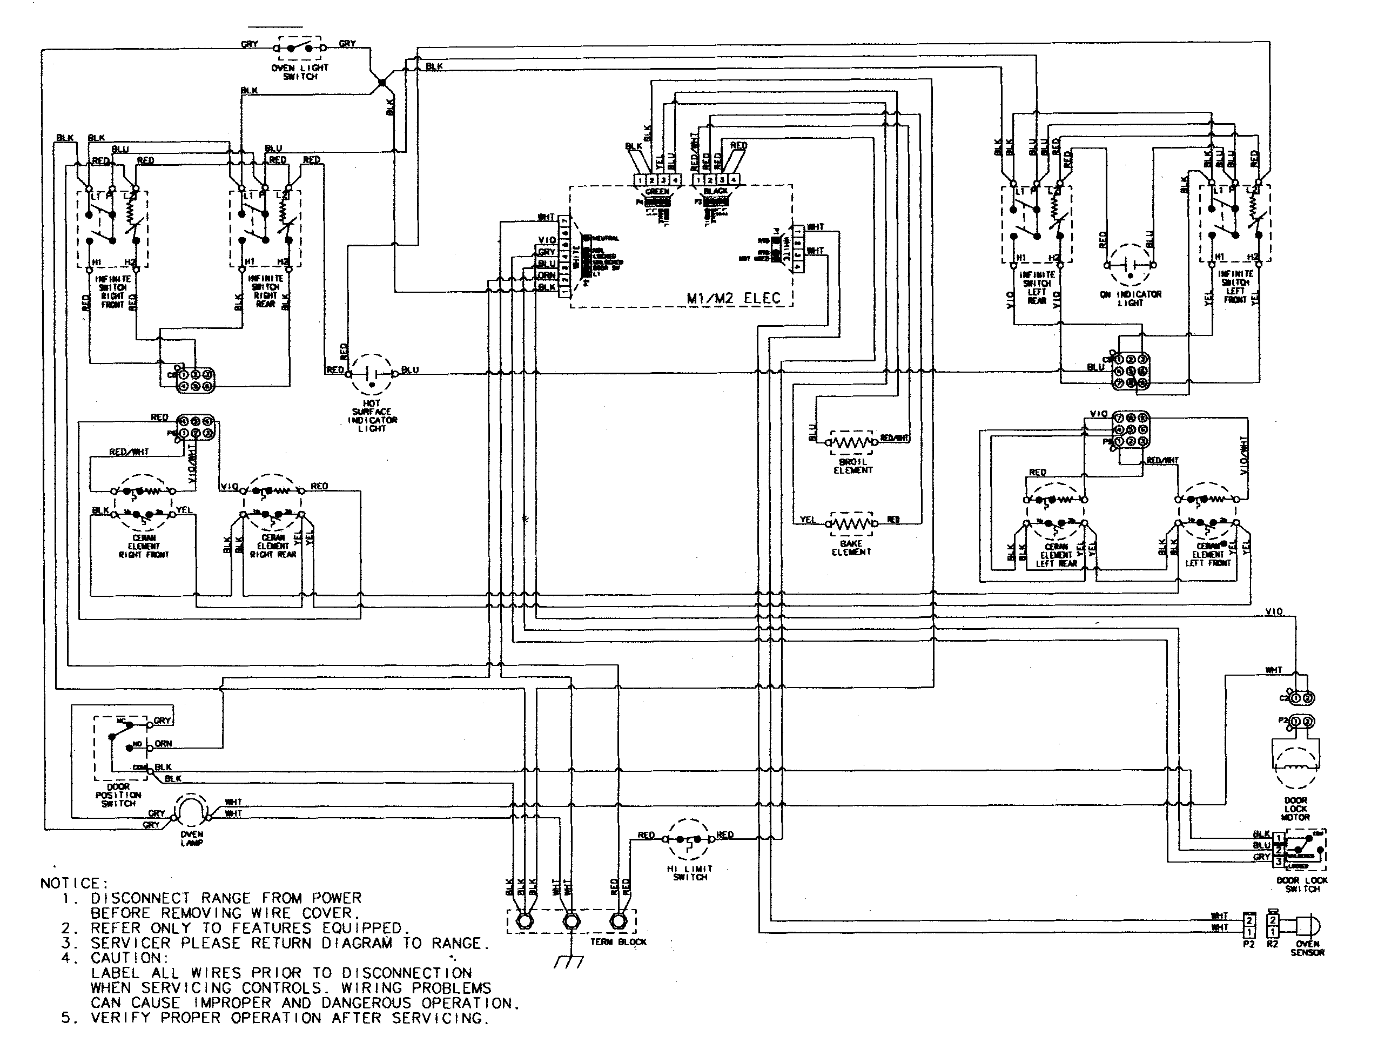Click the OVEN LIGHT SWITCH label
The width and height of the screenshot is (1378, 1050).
click(x=300, y=72)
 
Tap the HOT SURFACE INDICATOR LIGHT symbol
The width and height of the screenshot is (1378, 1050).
click(x=371, y=374)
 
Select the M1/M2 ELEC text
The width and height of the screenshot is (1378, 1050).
click(x=734, y=298)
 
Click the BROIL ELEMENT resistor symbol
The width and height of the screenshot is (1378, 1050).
click(x=852, y=442)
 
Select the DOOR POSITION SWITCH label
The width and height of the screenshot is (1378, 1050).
click(x=118, y=795)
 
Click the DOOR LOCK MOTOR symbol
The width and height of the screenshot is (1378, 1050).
click(x=1295, y=766)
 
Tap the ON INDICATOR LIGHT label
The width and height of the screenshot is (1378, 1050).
click(x=1131, y=298)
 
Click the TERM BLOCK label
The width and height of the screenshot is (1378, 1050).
click(x=618, y=942)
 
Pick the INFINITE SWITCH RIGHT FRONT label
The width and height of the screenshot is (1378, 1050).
click(x=112, y=292)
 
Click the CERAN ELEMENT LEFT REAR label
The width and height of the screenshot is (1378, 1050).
click(x=1056, y=554)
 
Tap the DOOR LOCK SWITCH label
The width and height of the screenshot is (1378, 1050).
click(x=1302, y=884)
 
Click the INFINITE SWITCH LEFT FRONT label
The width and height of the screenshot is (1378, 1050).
click(x=1235, y=287)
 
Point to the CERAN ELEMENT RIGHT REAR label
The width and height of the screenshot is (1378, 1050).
click(x=273, y=546)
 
